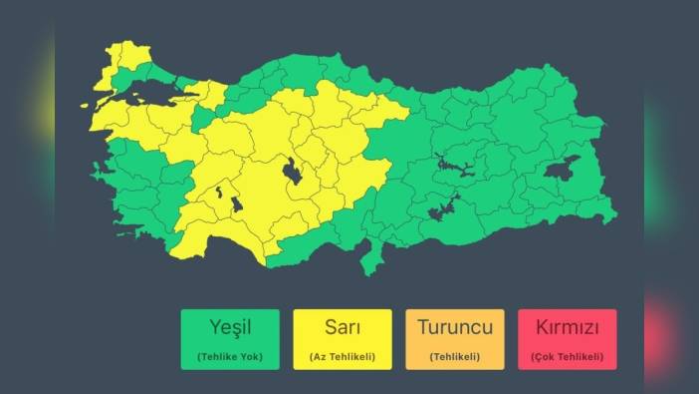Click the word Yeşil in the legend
pyautogui.click(x=230, y=328)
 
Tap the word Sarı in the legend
pyautogui.click(x=343, y=328)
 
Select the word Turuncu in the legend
pyautogui.click(x=455, y=328)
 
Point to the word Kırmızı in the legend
pyautogui.click(x=567, y=328)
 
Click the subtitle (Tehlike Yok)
pyautogui.click(x=230, y=356)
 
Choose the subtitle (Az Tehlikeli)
pyautogui.click(x=343, y=356)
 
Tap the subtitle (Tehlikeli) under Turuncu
pyautogui.click(x=455, y=356)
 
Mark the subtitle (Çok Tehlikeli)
pyautogui.click(x=567, y=356)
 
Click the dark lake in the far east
pyautogui.click(x=561, y=169)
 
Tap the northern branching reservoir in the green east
pyautogui.click(x=454, y=165)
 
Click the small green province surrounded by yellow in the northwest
pyautogui.click(x=202, y=119)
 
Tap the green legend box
pyautogui.click(x=230, y=339)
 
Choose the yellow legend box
pyautogui.click(x=343, y=339)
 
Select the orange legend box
pyautogui.click(x=455, y=339)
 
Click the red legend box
pyautogui.click(x=567, y=339)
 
